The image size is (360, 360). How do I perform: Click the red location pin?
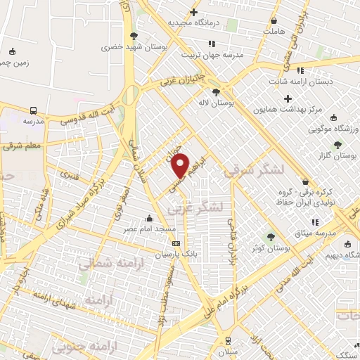pyautogui.click(x=181, y=165)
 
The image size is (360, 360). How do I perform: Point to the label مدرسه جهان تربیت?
pyautogui.click(x=212, y=53)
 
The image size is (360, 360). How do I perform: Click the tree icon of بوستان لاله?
pyautogui.click(x=216, y=92)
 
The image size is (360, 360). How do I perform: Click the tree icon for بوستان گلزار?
pyautogui.click(x=339, y=143)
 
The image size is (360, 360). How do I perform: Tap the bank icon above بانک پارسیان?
pyautogui.click(x=176, y=243)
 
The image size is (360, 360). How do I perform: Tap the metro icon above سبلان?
pyautogui.click(x=226, y=340)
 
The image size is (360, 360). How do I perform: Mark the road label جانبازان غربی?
pyautogui.click(x=178, y=78)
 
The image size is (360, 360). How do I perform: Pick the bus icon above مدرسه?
pyautogui.click(x=33, y=110)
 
